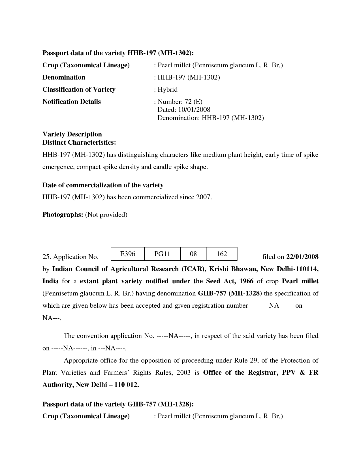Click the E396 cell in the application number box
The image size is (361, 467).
point(128,254)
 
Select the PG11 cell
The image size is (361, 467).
point(162,254)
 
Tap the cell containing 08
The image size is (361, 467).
point(193,254)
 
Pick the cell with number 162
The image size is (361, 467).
point(222,254)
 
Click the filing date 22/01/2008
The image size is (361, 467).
point(302,257)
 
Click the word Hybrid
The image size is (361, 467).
point(168,90)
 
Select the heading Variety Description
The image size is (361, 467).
point(72,134)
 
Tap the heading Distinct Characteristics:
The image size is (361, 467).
point(79,142)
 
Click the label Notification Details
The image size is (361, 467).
point(71,102)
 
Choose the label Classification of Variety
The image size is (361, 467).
point(79,90)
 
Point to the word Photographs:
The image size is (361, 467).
point(63,215)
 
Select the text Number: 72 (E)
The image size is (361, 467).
point(180,102)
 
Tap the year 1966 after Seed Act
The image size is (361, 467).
point(246,281)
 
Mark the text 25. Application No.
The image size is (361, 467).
point(70,257)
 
